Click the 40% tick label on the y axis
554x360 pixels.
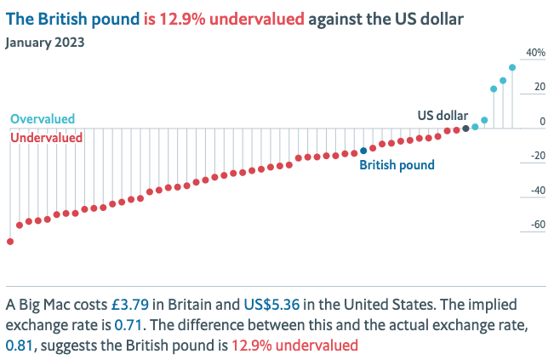[x=534, y=53]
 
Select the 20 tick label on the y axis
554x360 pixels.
[x=538, y=87]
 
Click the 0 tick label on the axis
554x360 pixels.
[x=541, y=122]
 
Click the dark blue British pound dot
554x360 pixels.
[x=363, y=151]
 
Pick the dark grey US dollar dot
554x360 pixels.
[x=465, y=128]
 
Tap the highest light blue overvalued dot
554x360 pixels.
[x=512, y=67]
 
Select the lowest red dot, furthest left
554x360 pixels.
[x=10, y=242]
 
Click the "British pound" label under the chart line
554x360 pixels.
[x=397, y=166]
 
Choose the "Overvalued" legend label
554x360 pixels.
[x=43, y=120]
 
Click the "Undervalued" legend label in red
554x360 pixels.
[x=46, y=137]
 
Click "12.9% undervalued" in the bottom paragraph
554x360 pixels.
[x=294, y=346]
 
